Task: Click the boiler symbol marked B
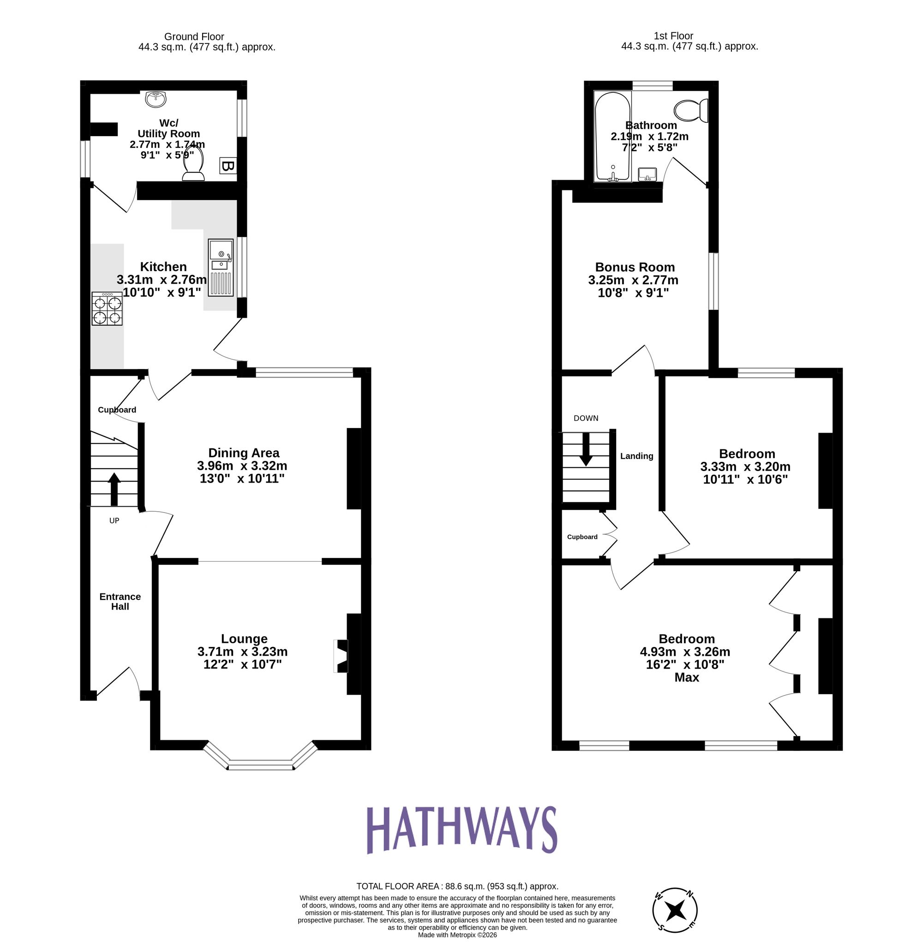click(228, 166)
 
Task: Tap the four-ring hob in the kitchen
click(107, 308)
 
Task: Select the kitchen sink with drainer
click(221, 267)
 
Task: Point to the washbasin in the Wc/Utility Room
click(156, 99)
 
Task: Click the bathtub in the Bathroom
click(613, 138)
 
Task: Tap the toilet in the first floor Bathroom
click(692, 110)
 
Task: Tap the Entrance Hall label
click(120, 602)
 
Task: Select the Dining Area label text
click(243, 453)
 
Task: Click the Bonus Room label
click(635, 267)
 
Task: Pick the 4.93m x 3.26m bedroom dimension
click(684, 652)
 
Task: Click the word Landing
click(636, 456)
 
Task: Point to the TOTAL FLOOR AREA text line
click(457, 886)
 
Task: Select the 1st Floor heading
click(673, 36)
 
